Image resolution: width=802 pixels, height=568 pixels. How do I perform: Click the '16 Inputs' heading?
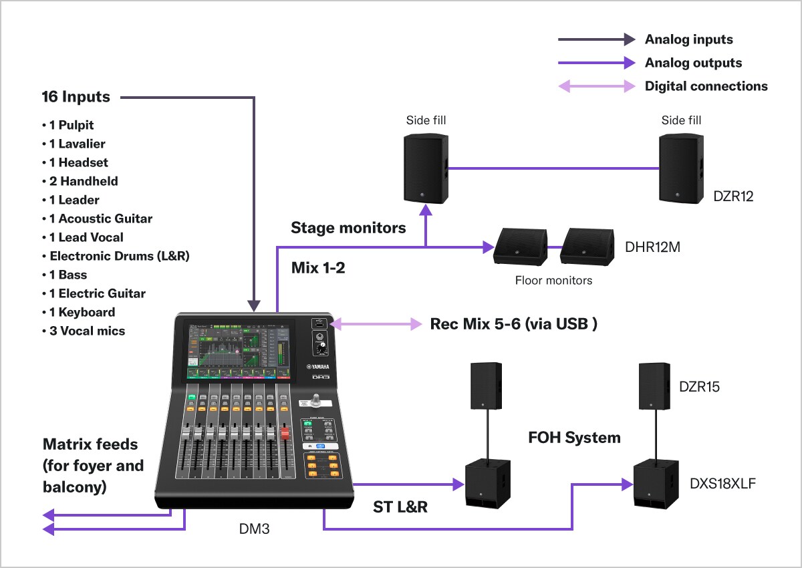pos(76,97)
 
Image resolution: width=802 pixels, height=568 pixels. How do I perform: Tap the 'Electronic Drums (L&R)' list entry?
pos(120,256)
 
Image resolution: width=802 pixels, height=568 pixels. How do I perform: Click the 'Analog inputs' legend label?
pos(688,39)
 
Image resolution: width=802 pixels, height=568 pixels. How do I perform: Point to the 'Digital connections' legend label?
pos(706,86)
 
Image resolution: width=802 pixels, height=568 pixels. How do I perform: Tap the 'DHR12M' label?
pos(652,247)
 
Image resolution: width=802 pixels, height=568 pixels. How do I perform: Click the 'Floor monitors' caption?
pos(553,281)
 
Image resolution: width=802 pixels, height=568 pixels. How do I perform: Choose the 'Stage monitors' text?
pos(348,228)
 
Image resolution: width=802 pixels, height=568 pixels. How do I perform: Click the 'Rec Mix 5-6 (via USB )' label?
pos(513,324)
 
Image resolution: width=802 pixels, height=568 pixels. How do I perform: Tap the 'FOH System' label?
pos(574,438)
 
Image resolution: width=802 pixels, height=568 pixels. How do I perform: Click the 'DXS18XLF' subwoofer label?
pos(722,483)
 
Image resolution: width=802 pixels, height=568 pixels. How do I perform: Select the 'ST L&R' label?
pos(400,507)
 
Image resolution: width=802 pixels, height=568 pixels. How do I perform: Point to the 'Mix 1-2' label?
pos(318,269)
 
